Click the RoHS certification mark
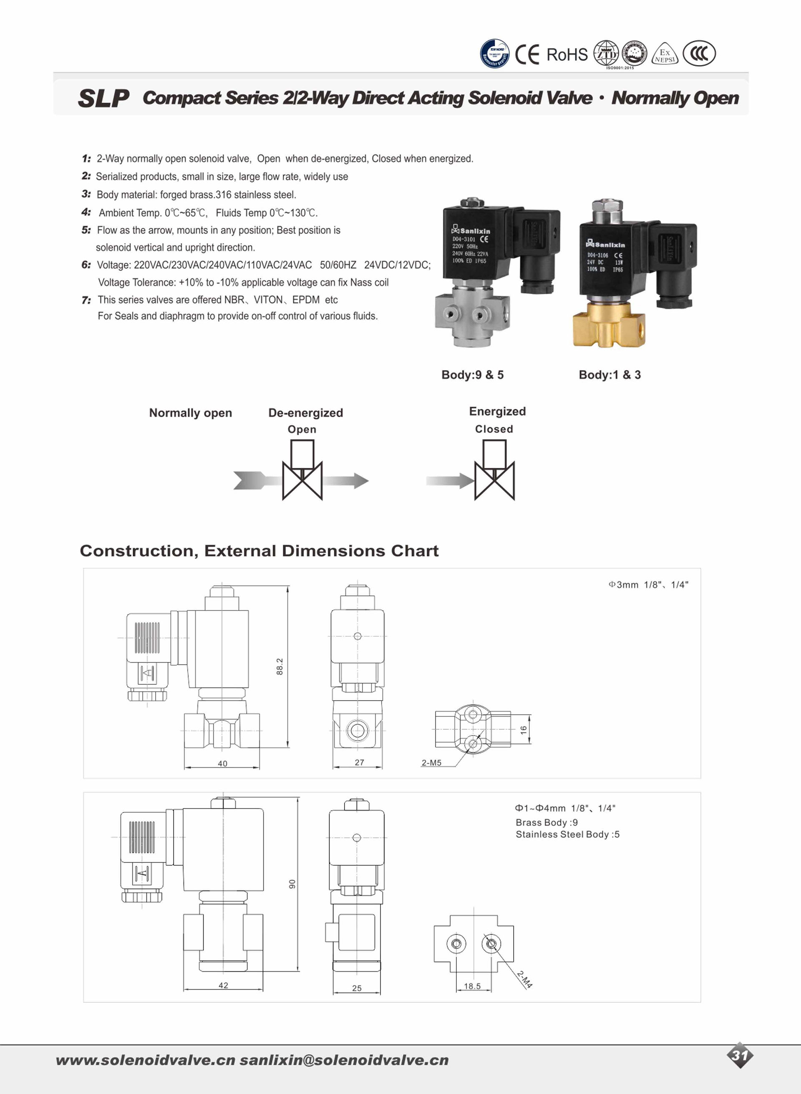567,55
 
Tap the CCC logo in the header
699,53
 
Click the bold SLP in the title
104,98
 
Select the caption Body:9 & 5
472,375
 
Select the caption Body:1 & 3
610,375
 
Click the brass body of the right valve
609,324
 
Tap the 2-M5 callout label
431,763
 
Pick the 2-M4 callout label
525,979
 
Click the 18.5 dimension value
472,986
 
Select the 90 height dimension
292,884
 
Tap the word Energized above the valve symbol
497,412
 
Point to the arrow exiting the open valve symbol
346,481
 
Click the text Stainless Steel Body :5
567,834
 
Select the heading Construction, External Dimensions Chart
259,551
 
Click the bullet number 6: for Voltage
86,265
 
